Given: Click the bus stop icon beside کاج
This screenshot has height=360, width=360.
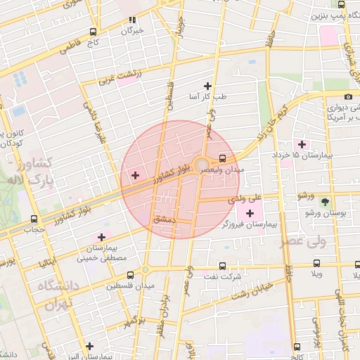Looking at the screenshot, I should pyautogui.click(x=94, y=32).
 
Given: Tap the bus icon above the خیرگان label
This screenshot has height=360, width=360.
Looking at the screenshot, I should pyautogui.click(x=132, y=20).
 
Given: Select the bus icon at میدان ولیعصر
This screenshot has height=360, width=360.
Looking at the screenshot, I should pyautogui.click(x=223, y=158).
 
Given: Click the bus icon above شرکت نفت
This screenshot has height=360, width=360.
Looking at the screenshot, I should pyautogui.click(x=223, y=266).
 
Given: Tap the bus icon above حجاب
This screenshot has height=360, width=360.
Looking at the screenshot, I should pyautogui.click(x=34, y=219).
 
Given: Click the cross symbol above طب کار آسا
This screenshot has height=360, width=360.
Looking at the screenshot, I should pyautogui.click(x=207, y=85).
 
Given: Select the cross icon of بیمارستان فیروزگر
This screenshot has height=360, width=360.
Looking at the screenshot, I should pyautogui.click(x=250, y=212).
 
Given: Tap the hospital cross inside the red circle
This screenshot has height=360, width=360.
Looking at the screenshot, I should pyautogui.click(x=135, y=174).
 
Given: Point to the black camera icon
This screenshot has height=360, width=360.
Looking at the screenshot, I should pyautogui.click(x=348, y=96).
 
